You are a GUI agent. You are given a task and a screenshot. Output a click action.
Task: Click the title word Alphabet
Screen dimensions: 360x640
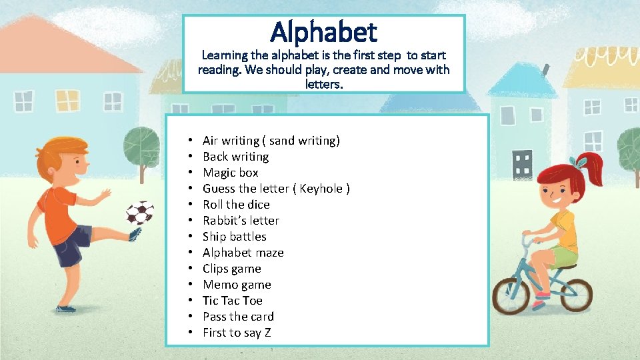(x=323, y=32)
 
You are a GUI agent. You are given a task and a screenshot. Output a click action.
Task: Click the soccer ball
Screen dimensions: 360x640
(x=140, y=213)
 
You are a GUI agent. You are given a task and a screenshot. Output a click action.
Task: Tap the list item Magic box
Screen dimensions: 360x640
(x=231, y=173)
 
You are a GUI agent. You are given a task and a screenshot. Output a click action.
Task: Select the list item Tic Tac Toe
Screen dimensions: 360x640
(x=233, y=301)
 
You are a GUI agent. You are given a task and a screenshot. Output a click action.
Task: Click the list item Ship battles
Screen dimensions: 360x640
(x=235, y=237)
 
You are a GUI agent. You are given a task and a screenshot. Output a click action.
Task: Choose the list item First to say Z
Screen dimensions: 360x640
(x=237, y=333)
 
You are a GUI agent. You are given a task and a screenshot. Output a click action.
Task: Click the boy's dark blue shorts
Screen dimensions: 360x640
(x=72, y=243)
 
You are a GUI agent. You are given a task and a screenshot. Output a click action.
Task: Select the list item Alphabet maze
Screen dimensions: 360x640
(x=243, y=253)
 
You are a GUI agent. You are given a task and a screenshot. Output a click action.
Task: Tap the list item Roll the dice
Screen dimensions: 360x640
(x=237, y=205)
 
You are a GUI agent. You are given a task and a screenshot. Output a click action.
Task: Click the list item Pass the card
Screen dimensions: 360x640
(x=239, y=317)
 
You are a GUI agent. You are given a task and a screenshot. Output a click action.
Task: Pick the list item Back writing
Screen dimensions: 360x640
(x=236, y=157)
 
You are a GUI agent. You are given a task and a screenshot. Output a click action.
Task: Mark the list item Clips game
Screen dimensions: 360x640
(x=232, y=269)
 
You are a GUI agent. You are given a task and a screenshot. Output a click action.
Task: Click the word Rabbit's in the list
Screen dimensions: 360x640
(x=221, y=221)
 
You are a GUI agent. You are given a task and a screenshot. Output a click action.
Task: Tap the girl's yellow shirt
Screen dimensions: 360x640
(x=564, y=231)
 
